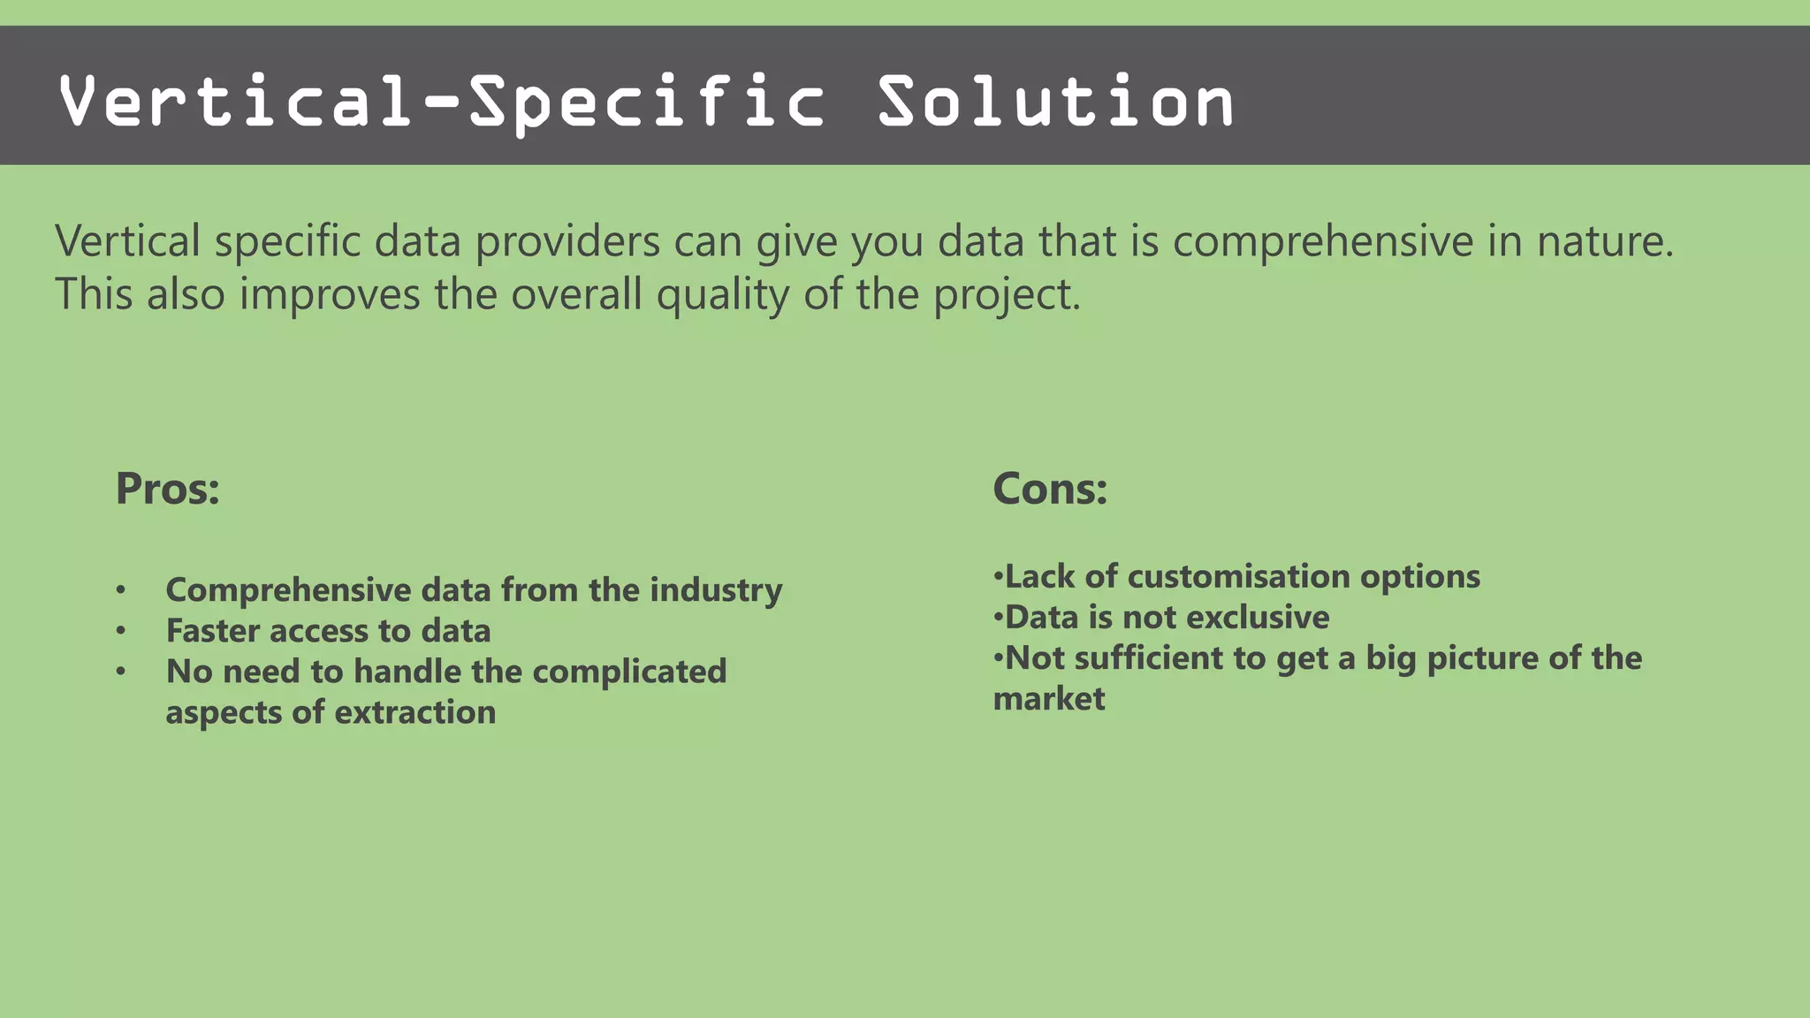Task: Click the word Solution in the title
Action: point(1055,102)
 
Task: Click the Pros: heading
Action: point(167,489)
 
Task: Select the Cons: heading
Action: point(1049,489)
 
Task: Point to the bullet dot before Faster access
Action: point(121,631)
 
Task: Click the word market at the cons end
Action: point(1048,699)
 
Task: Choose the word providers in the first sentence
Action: point(567,241)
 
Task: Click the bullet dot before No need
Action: point(121,672)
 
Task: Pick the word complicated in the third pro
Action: point(629,672)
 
